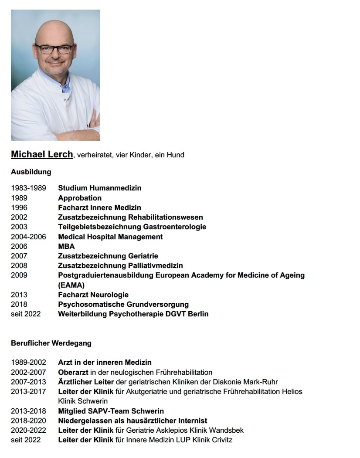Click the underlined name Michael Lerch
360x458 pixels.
(x=42, y=154)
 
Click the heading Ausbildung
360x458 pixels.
(x=31, y=172)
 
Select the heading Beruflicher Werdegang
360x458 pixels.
(x=51, y=343)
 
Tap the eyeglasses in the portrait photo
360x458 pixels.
(x=54, y=48)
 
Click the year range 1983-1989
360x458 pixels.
(x=28, y=188)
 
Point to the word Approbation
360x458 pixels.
(x=80, y=198)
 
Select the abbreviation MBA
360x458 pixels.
(x=66, y=246)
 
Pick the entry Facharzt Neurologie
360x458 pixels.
(x=93, y=295)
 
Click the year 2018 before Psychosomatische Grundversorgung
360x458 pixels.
(x=19, y=304)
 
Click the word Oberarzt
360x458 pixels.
(x=73, y=372)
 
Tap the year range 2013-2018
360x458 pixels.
(x=28, y=411)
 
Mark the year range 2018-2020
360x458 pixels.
(x=28, y=421)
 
